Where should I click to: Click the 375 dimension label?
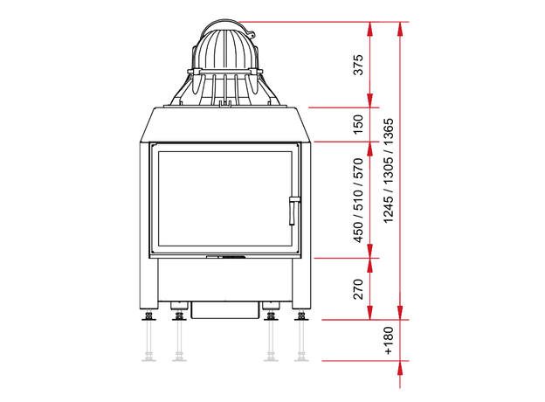tap(358, 65)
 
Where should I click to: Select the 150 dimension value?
tap(358, 124)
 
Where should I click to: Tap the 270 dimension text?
tap(358, 289)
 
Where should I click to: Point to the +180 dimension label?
tap(389, 341)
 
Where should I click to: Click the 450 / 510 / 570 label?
tap(358, 200)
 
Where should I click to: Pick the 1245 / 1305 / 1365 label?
tap(389, 170)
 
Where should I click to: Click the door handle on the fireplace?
tap(293, 211)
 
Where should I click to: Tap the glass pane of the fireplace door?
tap(224, 199)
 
